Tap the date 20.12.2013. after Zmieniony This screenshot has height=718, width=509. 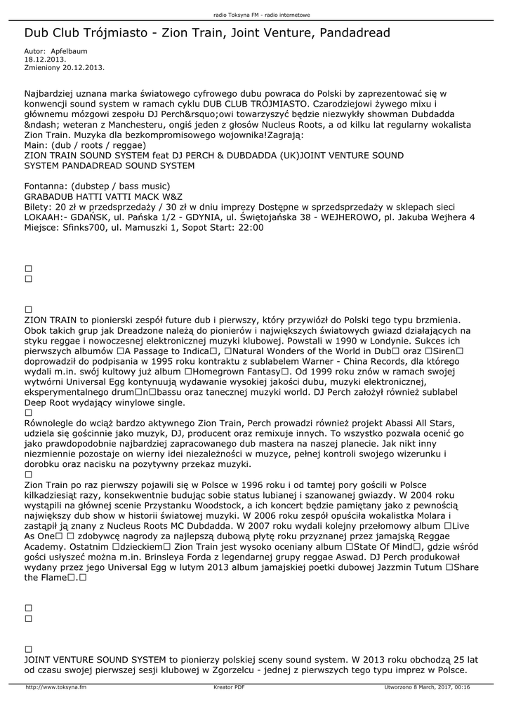click(84, 67)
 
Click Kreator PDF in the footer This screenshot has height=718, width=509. click(229, 687)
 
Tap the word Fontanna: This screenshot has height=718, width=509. click(46, 186)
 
